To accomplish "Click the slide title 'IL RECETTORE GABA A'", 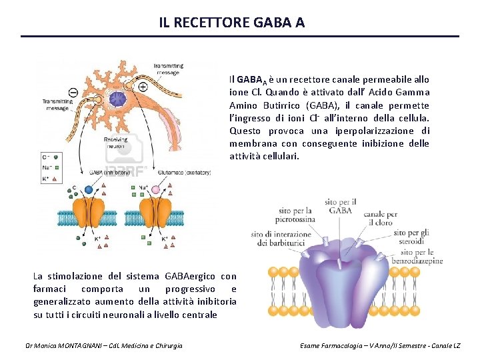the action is coord(232,22).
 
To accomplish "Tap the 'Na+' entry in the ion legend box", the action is coord(47,167).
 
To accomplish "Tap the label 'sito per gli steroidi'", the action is coord(413,238).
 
